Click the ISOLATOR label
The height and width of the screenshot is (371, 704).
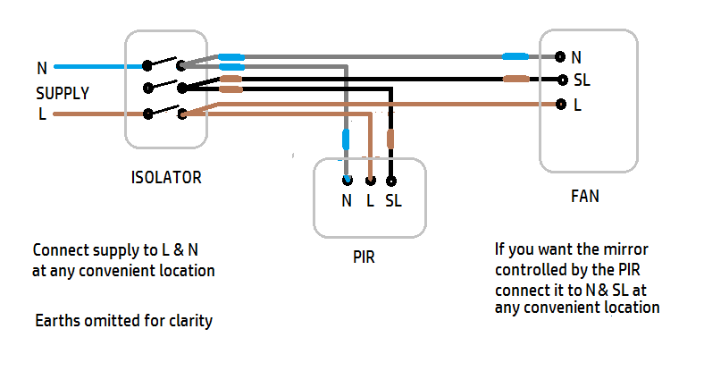[165, 177]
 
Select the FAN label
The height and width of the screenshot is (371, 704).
[584, 196]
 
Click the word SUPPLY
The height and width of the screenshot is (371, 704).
[63, 92]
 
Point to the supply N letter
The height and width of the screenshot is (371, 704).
[42, 68]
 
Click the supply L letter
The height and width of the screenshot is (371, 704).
[42, 114]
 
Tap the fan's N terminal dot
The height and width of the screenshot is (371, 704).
[559, 56]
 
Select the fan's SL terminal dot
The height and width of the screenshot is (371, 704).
[559, 79]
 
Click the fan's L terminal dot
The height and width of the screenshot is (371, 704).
[559, 104]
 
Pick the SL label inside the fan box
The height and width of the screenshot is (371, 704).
[582, 80]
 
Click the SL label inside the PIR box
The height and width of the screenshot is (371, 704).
[393, 201]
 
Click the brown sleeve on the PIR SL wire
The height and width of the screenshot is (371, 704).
[390, 139]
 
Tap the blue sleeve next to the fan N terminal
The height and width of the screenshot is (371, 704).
[515, 56]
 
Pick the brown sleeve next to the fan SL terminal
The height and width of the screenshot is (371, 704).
[515, 79]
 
